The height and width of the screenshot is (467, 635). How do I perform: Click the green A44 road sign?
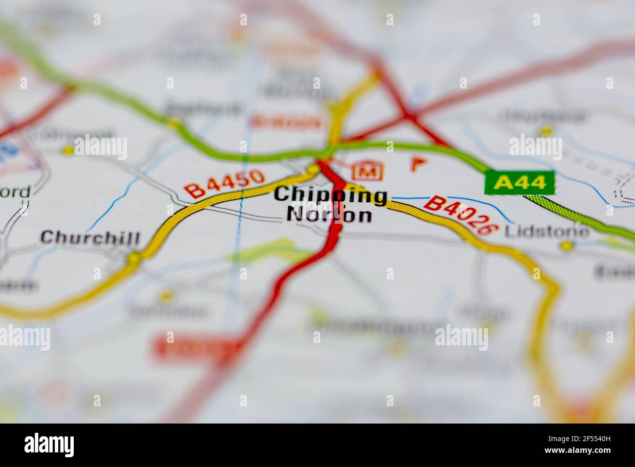(x=520, y=183)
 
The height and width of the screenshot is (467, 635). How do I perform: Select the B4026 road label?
(x=461, y=215)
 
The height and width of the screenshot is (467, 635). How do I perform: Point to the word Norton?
(x=329, y=214)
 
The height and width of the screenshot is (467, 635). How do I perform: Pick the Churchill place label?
(x=90, y=238)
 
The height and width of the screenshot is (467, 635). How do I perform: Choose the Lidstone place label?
(x=547, y=231)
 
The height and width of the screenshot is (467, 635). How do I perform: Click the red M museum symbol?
(x=367, y=171)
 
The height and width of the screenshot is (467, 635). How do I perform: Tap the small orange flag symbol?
(x=416, y=163)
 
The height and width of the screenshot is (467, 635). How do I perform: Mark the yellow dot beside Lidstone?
(x=566, y=246)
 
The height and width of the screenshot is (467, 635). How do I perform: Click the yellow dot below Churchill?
(x=133, y=257)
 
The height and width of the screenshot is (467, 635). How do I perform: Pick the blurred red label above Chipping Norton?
(x=287, y=122)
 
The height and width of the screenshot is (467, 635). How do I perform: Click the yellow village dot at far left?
(x=68, y=150)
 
